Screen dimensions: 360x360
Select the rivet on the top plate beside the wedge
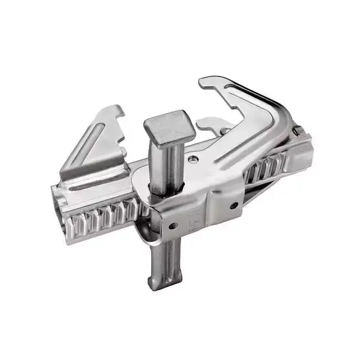(192, 159)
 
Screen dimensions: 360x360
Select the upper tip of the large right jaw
(208, 82)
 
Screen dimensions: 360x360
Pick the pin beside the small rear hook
(225, 131)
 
